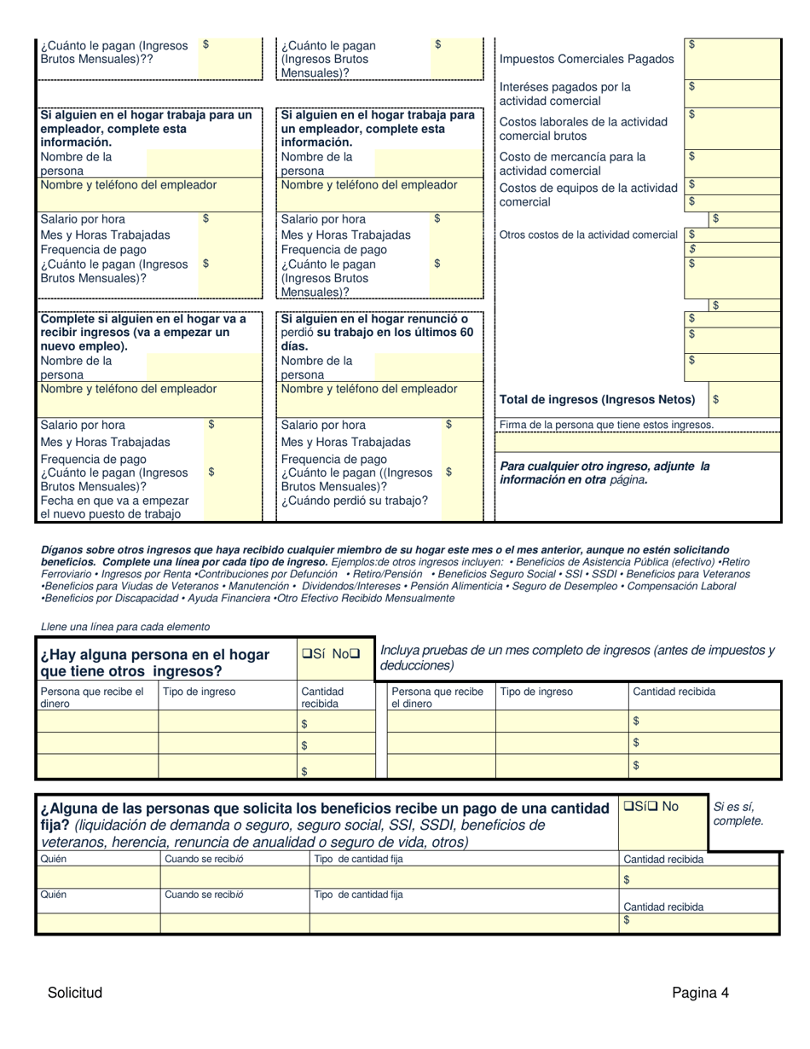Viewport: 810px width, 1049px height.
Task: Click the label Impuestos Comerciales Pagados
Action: tap(586, 59)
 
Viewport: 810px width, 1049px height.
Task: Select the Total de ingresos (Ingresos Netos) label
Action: tap(597, 399)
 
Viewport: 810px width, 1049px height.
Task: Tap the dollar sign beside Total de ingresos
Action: tap(715, 399)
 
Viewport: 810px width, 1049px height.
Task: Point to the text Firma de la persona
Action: tap(606, 425)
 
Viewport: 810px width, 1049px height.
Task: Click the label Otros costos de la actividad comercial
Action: tap(588, 235)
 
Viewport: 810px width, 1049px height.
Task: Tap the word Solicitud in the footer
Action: tap(75, 992)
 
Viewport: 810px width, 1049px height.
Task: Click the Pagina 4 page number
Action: tap(700, 992)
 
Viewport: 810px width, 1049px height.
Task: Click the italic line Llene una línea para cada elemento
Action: tap(125, 627)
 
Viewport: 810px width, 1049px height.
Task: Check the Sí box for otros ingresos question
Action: tap(306, 654)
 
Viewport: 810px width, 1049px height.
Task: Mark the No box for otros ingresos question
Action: tap(355, 654)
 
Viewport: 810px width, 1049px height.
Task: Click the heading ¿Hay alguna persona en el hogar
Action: tap(153, 655)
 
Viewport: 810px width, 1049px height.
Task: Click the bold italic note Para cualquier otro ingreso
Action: tap(604, 472)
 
